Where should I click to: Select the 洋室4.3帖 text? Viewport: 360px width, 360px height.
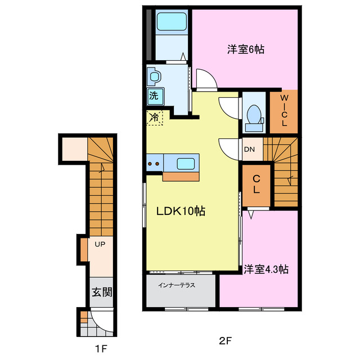click(266, 269)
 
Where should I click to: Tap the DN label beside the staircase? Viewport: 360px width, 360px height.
click(249, 150)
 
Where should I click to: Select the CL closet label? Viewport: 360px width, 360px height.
click(256, 184)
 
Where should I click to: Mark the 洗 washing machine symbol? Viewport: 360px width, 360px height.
click(154, 96)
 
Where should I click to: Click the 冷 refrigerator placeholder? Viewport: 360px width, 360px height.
click(154, 118)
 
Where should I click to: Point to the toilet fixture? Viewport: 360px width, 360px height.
click(254, 114)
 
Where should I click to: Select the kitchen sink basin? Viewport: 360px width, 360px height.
click(186, 164)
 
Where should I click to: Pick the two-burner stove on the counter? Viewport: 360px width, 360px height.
click(155, 164)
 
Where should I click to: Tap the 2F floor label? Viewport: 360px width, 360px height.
click(224, 340)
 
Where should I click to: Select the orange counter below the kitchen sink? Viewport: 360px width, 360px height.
click(181, 176)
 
